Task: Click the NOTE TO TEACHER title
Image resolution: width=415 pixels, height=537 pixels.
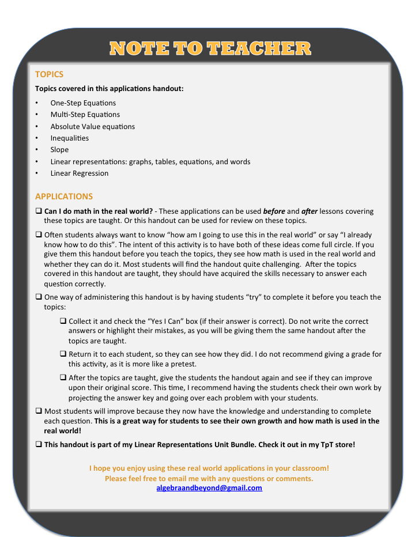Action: pos(210,48)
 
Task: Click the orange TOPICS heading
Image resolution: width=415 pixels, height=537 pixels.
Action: pos(49,74)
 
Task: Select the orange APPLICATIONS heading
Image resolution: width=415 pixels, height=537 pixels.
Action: pos(64,196)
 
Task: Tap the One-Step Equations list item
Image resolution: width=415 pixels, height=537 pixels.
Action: pos(83,103)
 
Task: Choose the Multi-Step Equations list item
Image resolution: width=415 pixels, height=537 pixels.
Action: pos(85,115)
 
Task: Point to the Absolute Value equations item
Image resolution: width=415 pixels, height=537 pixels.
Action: pos(92,126)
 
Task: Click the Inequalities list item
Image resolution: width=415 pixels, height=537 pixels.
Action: pos(70,138)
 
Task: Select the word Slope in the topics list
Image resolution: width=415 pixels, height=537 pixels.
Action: pos(59,150)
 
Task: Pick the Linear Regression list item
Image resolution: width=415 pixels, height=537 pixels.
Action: pos(80,173)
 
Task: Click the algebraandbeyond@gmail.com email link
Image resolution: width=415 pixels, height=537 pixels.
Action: pos(209,488)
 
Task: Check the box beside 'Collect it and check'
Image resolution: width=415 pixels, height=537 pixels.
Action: pos(63,321)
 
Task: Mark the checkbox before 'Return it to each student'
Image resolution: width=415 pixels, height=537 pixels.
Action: pos(63,354)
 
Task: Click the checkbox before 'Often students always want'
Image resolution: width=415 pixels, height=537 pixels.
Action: pos(39,235)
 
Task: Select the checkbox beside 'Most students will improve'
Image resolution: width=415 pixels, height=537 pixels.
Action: pos(39,411)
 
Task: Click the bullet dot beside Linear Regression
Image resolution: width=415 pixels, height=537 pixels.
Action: pos(37,173)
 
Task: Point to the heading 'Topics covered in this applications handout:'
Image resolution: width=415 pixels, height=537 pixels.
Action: pos(110,89)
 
